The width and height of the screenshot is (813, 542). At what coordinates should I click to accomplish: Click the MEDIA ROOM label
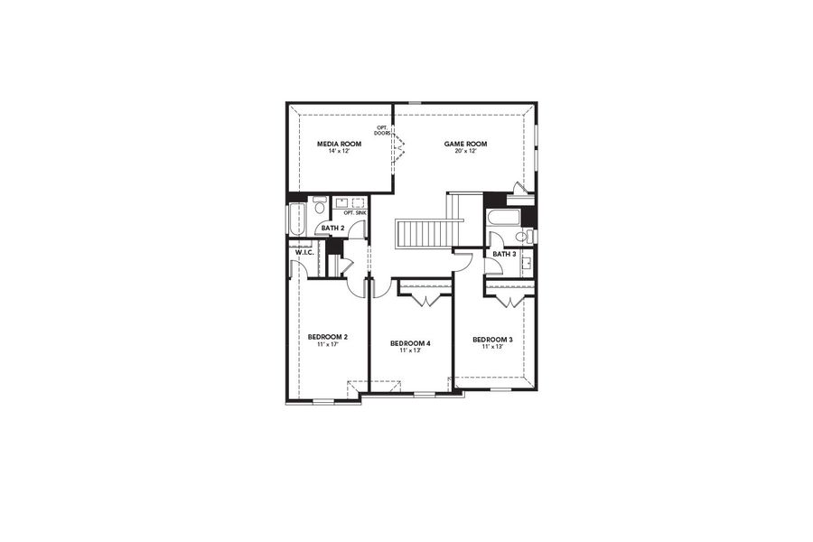coord(339,144)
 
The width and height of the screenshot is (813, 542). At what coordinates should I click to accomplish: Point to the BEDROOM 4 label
coord(410,343)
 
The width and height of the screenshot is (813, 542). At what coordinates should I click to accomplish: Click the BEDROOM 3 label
coord(492,340)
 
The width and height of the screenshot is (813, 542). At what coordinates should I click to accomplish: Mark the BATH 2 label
coord(332,228)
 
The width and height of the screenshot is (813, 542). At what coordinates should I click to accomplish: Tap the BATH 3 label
coord(504,254)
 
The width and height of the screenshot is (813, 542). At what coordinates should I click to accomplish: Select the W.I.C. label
coord(304,252)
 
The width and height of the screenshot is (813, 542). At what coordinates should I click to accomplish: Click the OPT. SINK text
coord(355,213)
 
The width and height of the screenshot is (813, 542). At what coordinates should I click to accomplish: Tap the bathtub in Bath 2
coord(297,220)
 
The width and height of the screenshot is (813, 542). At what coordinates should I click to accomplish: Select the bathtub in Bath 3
coord(502,218)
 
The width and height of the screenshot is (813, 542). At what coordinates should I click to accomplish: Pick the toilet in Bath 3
coord(521,237)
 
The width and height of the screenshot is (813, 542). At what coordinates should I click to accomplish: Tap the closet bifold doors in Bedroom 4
coord(425,298)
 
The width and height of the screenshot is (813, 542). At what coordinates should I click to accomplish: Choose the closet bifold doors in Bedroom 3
coord(509,299)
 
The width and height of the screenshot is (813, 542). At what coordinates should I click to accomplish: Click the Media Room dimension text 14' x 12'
coord(339,151)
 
